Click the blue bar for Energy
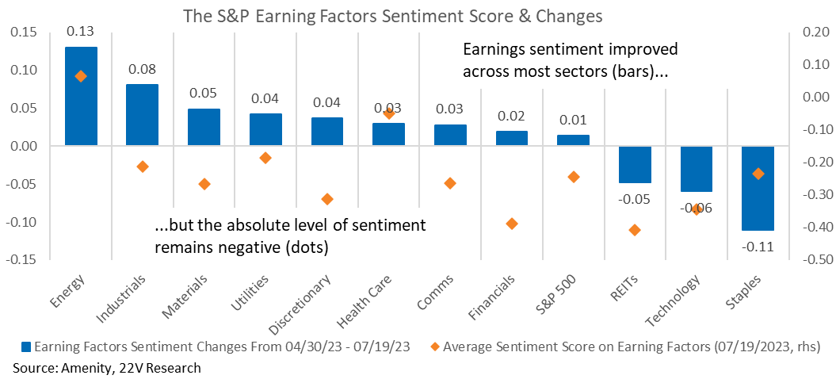[81, 96]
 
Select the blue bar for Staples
[758, 188]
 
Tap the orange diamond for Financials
[512, 224]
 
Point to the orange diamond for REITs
[635, 230]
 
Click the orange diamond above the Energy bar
[81, 76]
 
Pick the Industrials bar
[142, 115]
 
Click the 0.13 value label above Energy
[81, 32]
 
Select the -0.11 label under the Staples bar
[757, 247]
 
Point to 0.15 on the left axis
[22, 32]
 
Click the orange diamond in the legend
[434, 347]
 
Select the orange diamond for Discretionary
[327, 199]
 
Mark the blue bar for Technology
[697, 169]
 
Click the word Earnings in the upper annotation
[494, 52]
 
